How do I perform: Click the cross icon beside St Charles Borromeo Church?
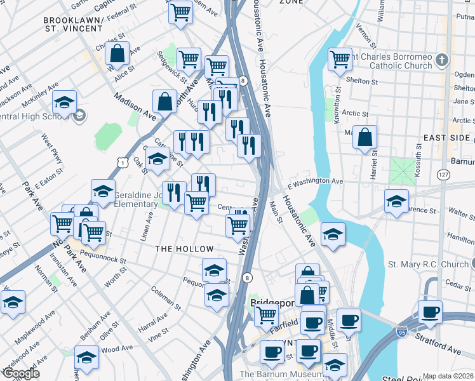point(443,60)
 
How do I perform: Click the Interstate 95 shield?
point(401,331)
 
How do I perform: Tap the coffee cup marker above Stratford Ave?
point(430,312)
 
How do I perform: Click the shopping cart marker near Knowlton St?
point(340,59)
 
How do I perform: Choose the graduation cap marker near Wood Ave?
point(86,356)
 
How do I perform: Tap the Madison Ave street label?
point(135,106)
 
